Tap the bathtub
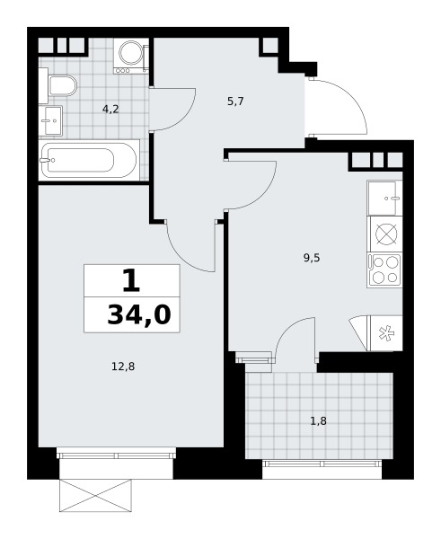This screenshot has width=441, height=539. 90,160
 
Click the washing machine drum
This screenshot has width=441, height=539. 131,53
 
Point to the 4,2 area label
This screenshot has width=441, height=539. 110,110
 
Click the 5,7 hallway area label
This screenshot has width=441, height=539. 235,102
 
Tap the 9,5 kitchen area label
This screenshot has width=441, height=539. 312,258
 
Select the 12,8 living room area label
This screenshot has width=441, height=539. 123,367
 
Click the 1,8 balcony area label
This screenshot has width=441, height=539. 318,420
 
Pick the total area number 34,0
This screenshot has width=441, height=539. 139,315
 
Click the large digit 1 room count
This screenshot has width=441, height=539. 131,280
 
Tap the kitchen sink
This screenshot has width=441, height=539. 384,198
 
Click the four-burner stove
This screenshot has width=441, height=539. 384,269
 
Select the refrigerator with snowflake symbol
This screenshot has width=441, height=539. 384,333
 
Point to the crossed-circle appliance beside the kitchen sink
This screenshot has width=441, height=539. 386,234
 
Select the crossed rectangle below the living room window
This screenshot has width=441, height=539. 95,496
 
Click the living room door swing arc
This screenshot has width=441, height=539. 181,256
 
